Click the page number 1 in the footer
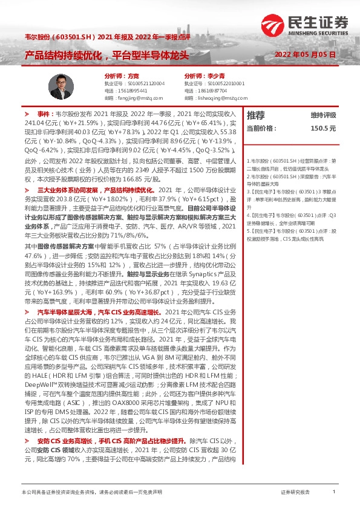(333, 493)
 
